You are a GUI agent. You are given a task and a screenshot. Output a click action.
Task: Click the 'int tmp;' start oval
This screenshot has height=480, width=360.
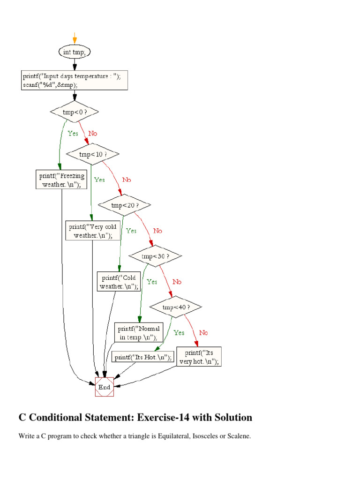coord(75,52)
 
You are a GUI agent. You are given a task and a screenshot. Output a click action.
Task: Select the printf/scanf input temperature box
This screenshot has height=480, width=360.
coord(75,80)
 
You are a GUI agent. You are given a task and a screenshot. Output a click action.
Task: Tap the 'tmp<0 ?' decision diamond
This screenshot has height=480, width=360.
coord(75,112)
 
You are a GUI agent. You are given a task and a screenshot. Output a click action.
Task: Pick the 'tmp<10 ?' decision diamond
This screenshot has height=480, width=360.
coord(93,154)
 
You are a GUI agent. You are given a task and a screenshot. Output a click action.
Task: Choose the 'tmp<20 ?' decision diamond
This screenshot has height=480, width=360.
coord(124,205)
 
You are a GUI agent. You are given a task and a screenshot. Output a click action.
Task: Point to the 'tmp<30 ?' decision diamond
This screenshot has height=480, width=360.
coord(155,256)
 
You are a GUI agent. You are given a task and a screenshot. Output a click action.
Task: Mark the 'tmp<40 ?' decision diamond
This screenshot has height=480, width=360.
coord(176,307)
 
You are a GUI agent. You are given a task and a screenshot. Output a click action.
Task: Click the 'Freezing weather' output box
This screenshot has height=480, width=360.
coord(62,180)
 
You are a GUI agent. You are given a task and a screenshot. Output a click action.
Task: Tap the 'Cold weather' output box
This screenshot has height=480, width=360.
coord(119,282)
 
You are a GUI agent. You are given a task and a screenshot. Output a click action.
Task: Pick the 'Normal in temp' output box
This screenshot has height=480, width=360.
coord(139,332)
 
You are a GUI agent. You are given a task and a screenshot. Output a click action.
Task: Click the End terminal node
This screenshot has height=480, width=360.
coord(104,387)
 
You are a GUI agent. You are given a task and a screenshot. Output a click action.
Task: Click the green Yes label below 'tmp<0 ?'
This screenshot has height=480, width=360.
coord(73,134)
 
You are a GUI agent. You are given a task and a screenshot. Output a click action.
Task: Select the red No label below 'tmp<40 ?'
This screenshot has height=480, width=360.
coord(203,333)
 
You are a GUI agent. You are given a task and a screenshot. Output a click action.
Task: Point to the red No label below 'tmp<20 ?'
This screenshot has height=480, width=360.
coord(157,231)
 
